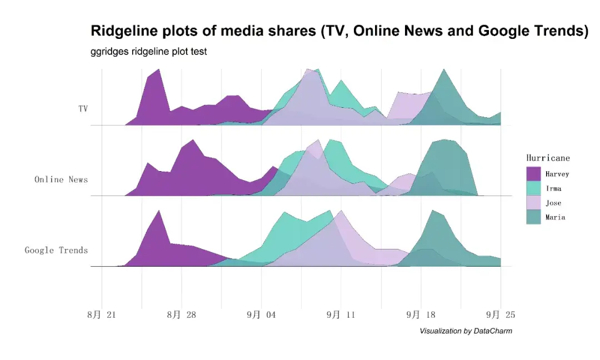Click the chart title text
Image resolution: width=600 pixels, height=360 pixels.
[339, 31]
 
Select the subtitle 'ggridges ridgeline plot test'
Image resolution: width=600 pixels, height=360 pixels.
[148, 52]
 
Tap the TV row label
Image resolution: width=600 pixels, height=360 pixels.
[83, 109]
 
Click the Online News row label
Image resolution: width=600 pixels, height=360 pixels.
[61, 179]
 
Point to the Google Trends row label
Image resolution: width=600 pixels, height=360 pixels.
[56, 251]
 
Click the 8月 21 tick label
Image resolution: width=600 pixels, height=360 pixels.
[102, 315]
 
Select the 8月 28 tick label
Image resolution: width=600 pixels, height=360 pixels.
[182, 315]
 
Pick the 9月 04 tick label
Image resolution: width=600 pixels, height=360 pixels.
[261, 315]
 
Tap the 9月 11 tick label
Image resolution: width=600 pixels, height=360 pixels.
[341, 315]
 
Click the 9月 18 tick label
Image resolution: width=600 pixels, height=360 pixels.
[421, 315]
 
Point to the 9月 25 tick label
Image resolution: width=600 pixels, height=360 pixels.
[501, 315]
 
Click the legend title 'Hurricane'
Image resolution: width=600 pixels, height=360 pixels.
[548, 158]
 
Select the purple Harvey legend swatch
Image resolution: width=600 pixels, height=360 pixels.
[533, 174]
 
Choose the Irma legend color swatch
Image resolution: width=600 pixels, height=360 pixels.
[533, 188]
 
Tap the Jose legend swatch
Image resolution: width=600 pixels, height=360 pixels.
[533, 203]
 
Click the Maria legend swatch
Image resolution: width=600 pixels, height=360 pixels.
[533, 217]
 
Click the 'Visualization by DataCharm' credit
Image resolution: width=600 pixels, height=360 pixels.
[466, 331]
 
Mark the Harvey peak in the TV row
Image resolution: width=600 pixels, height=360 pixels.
[159, 70]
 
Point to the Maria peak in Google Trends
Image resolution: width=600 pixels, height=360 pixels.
[433, 211]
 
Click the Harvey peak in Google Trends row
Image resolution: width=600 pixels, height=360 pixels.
[159, 211]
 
